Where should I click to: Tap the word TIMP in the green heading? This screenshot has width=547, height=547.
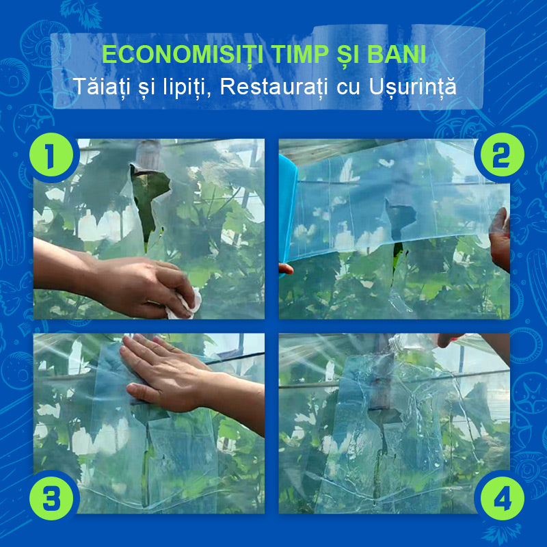(x=301, y=55)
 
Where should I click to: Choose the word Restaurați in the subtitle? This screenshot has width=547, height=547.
(x=274, y=87)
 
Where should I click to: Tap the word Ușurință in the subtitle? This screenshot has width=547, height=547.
(x=413, y=87)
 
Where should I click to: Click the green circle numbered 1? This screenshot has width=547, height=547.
(x=51, y=155)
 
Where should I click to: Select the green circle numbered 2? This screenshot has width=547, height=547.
(x=502, y=155)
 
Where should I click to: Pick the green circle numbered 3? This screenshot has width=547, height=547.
(x=51, y=498)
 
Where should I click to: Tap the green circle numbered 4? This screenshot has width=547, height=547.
(x=502, y=498)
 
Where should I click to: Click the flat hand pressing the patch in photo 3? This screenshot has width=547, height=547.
(x=168, y=373)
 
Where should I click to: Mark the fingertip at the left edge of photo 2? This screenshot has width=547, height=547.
(x=286, y=268)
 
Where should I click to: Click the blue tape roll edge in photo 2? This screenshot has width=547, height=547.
(x=287, y=209)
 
